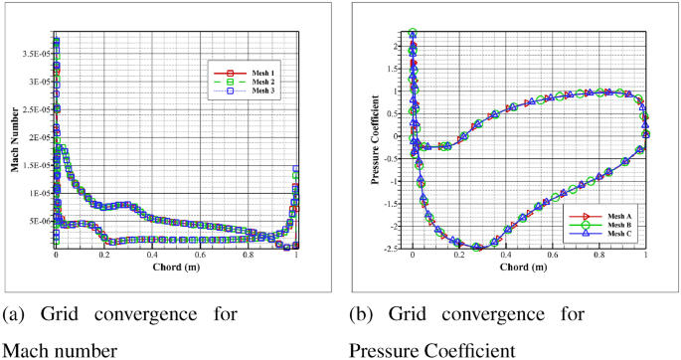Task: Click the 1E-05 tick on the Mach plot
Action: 38,193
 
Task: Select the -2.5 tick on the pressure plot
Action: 395,250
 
